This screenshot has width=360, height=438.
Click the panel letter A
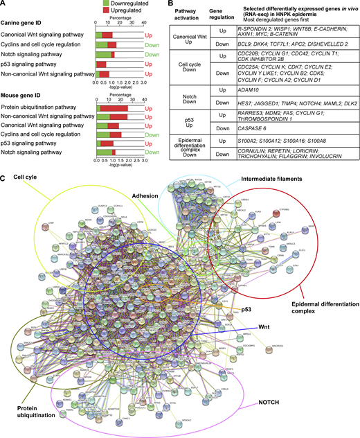[x=3, y=4]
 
